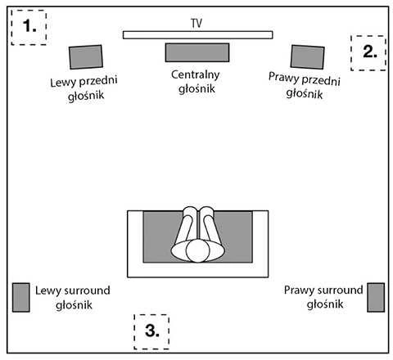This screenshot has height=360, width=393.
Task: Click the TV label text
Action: click(196, 23)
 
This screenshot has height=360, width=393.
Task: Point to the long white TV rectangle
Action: click(197, 35)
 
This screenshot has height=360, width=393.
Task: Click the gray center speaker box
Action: click(197, 52)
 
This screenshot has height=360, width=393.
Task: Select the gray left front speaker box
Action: click(86, 57)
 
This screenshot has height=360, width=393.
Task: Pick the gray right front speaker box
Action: click(307, 57)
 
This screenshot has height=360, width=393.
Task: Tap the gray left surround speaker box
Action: click(21, 297)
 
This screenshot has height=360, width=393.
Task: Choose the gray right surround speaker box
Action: click(376, 297)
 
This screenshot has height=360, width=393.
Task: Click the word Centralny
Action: click(196, 74)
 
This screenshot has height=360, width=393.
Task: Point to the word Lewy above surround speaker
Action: click(47, 291)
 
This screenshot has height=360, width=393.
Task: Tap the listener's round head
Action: click(197, 250)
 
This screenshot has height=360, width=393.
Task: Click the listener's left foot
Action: click(190, 212)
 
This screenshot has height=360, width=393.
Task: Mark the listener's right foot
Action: click(207, 212)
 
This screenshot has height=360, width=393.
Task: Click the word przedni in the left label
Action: click(98, 81)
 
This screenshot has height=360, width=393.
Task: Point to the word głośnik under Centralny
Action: click(196, 89)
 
